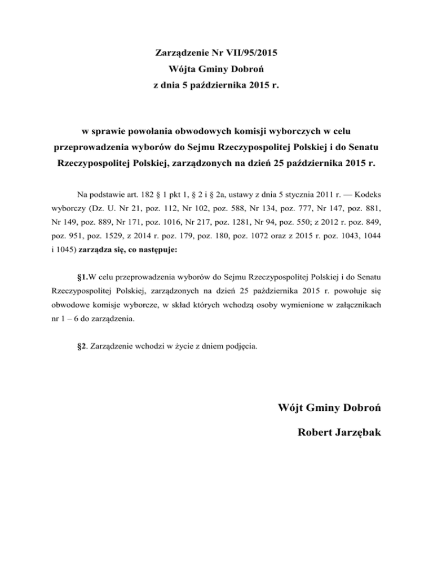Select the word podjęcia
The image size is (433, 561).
pos(242,346)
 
